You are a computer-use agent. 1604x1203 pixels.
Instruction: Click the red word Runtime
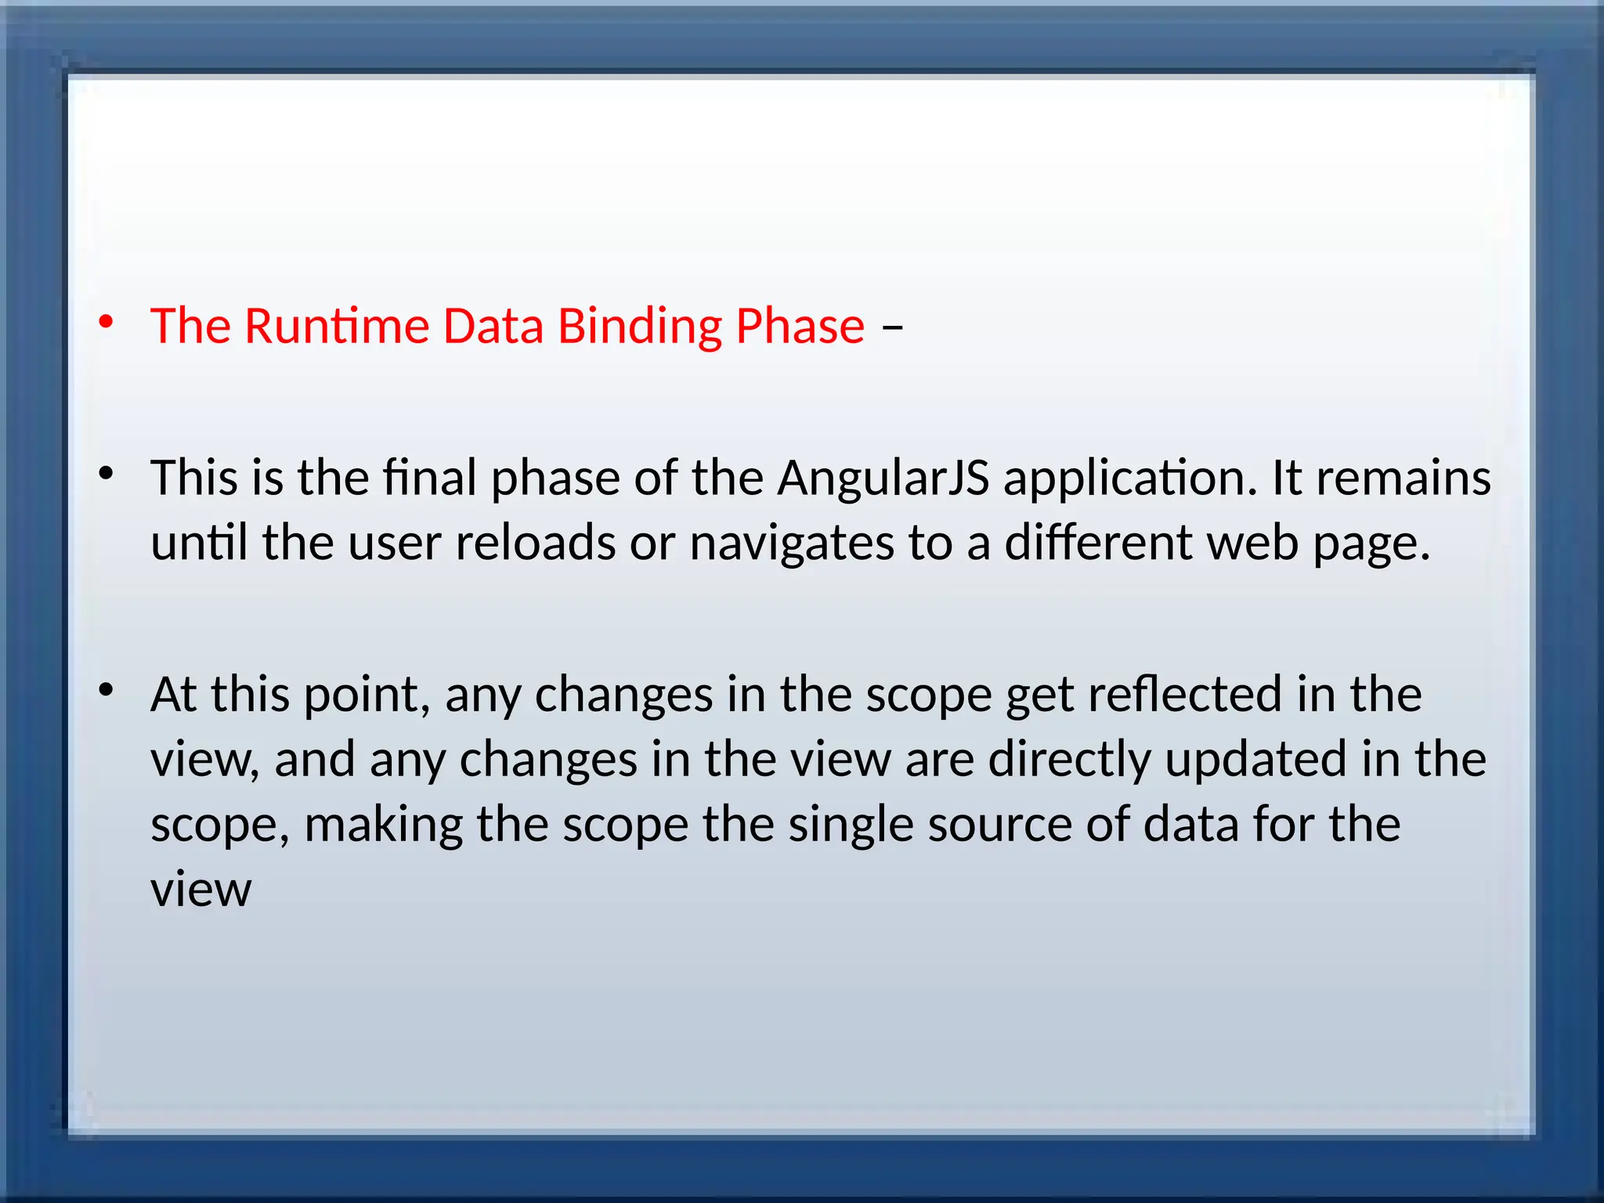[337, 326]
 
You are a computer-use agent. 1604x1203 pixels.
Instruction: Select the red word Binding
[639, 327]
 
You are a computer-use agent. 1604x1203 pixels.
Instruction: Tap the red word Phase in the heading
[800, 327]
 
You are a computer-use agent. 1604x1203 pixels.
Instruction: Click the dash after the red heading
[892, 326]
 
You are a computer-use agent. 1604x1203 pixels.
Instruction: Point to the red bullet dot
[106, 323]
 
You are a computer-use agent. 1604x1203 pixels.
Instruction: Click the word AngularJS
[883, 479]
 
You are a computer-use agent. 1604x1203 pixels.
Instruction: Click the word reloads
[535, 543]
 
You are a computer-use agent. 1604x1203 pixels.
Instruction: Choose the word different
[1098, 543]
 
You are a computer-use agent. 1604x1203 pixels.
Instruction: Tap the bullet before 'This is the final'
[106, 473]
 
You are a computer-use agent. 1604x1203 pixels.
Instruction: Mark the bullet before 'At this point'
[106, 690]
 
